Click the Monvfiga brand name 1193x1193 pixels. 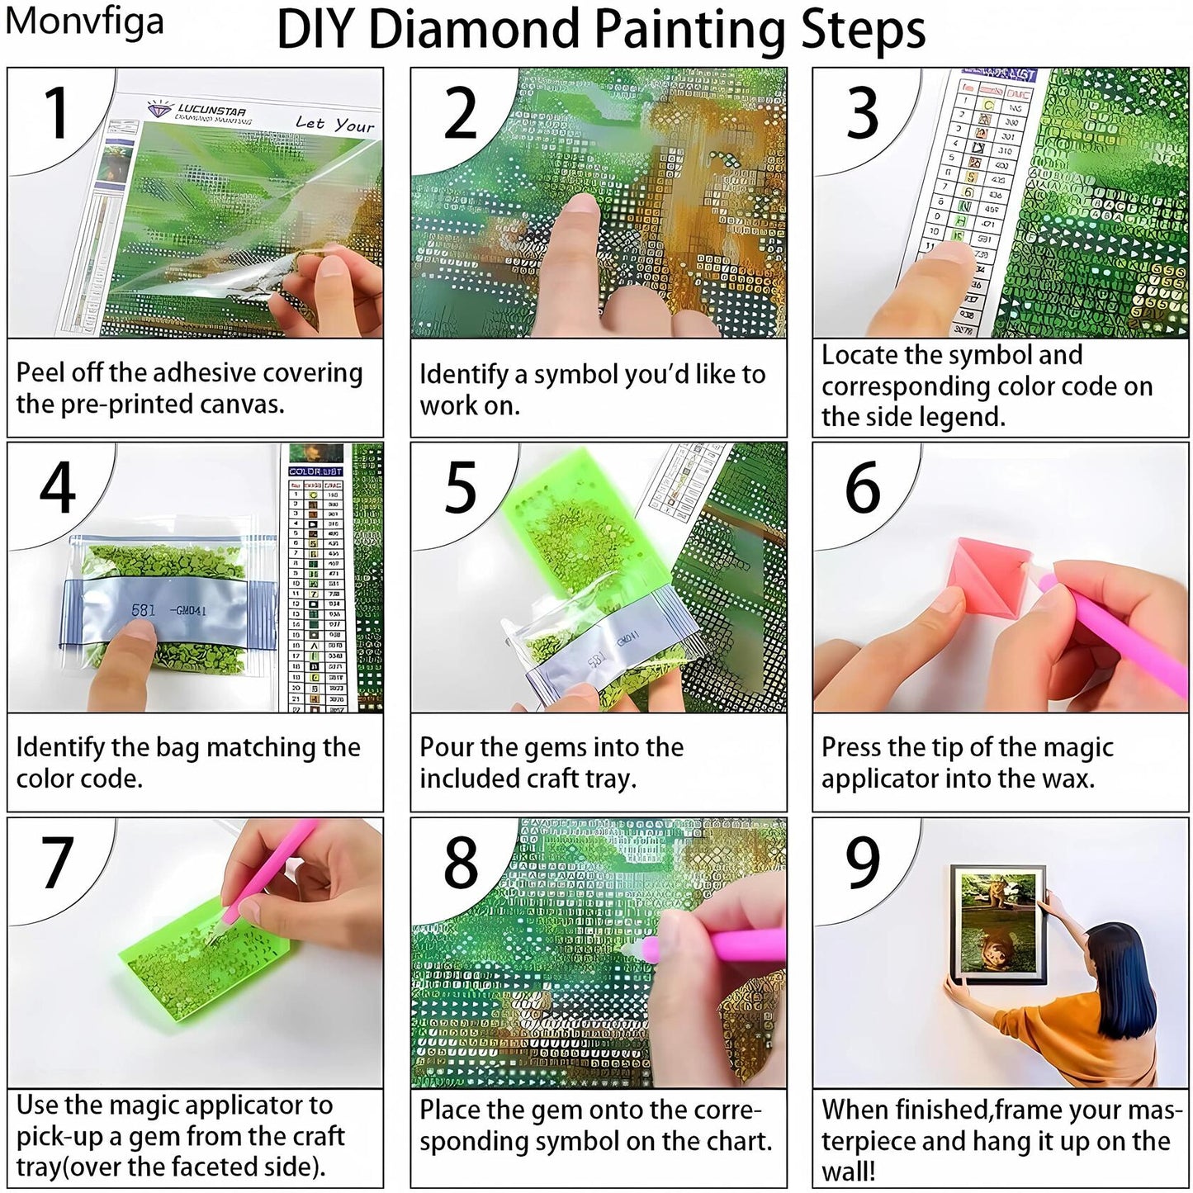click(x=83, y=21)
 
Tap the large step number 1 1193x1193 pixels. click(x=56, y=113)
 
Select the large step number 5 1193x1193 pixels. click(x=460, y=487)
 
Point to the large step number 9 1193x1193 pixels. click(x=862, y=862)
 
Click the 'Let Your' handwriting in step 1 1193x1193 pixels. click(x=334, y=124)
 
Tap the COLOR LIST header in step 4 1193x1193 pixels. click(x=315, y=471)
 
